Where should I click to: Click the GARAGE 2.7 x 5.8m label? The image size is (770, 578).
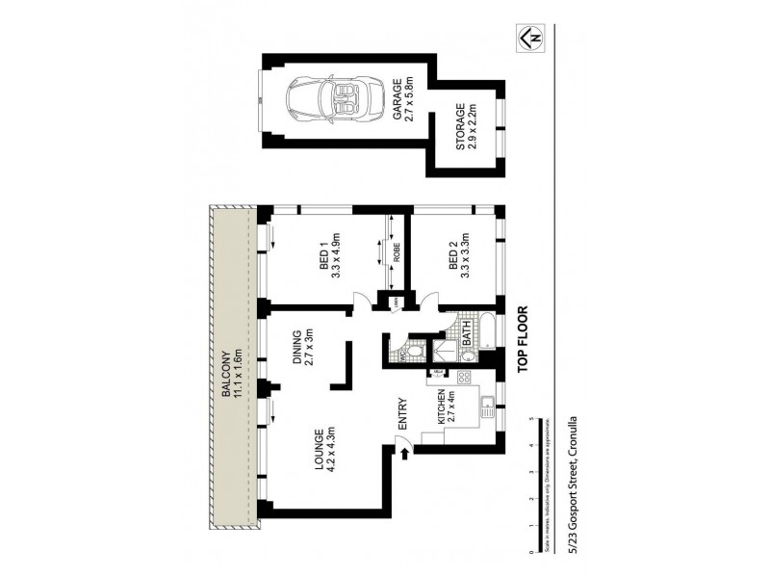point(402,98)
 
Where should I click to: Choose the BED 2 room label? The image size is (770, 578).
point(459,255)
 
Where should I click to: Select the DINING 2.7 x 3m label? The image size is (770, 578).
point(304,351)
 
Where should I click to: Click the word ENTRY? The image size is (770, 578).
point(403,414)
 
